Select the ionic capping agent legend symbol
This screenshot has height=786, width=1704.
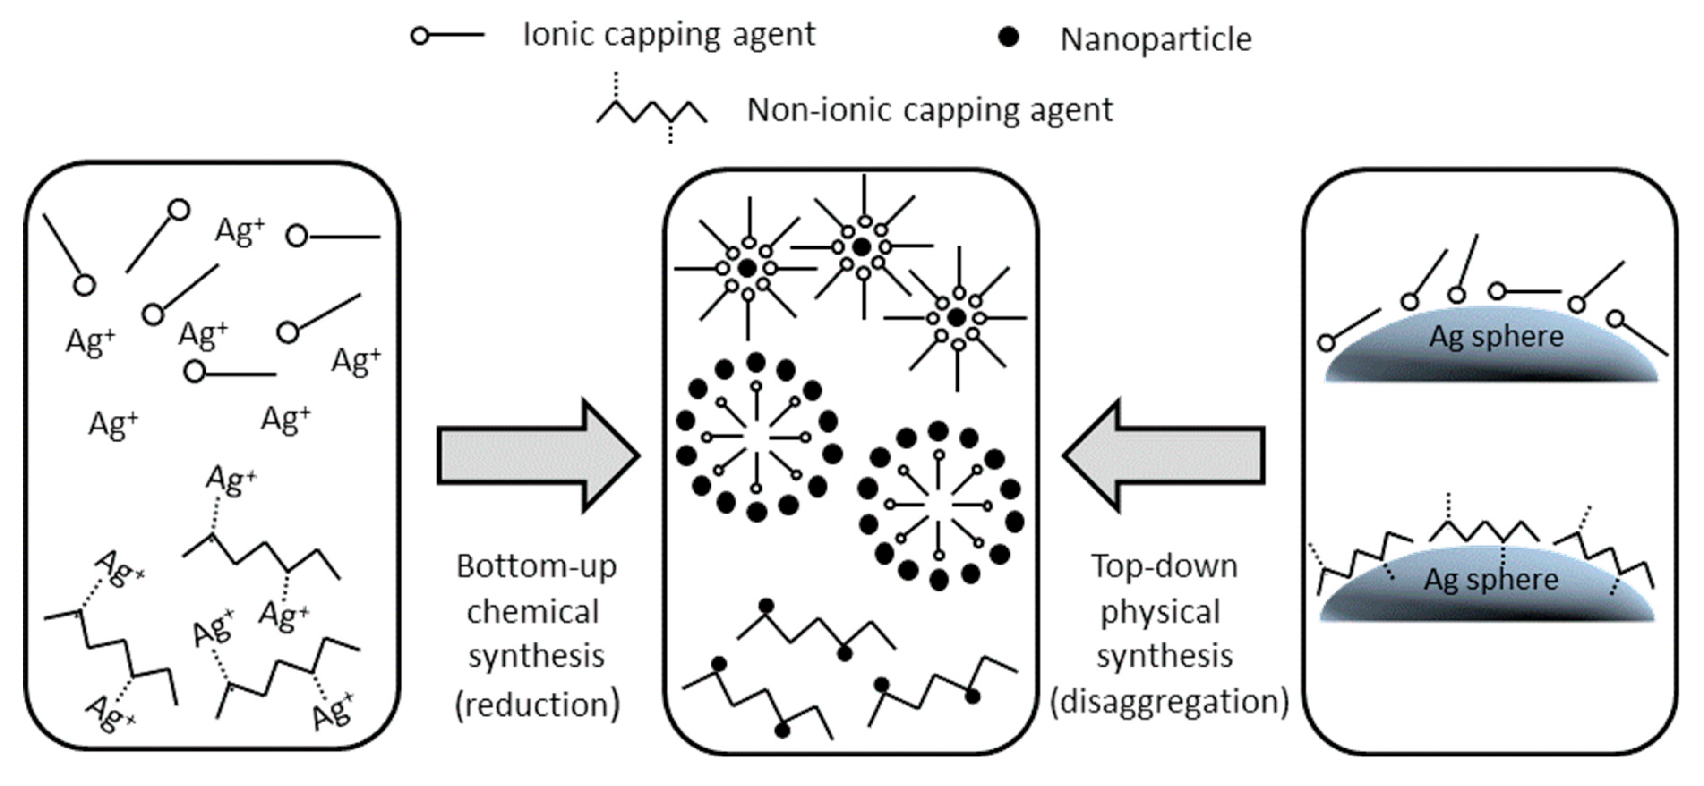pyautogui.click(x=446, y=35)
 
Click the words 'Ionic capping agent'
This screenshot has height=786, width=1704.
pyautogui.click(x=669, y=34)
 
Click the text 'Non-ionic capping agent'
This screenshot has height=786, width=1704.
pyautogui.click(x=929, y=110)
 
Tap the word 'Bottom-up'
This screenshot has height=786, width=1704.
pyautogui.click(x=536, y=566)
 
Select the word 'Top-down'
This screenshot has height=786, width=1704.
pyautogui.click(x=1164, y=566)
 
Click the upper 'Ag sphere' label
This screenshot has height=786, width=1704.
pyautogui.click(x=1496, y=336)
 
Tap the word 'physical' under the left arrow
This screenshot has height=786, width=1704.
pyautogui.click(x=1160, y=612)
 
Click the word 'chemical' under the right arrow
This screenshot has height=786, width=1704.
pyautogui.click(x=532, y=612)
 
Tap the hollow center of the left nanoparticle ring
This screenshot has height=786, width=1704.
pyautogui.click(x=756, y=437)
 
